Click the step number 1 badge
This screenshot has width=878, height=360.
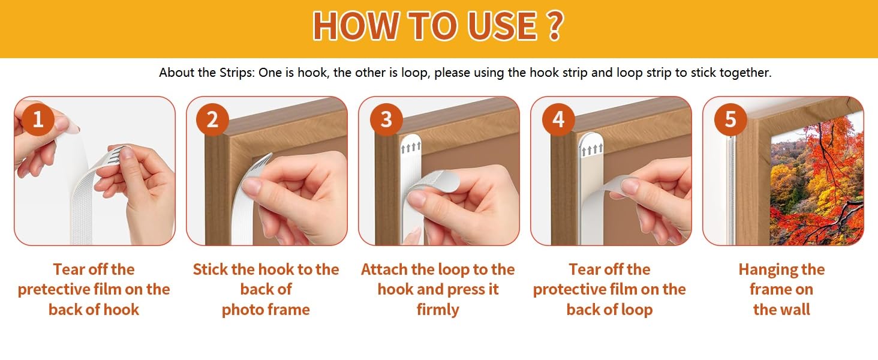38,119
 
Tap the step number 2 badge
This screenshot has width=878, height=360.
212,119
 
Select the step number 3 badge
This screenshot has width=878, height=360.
386,119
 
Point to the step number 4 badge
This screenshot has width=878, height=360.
558,119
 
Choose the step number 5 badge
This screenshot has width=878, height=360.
730,119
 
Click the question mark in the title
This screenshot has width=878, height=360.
555,26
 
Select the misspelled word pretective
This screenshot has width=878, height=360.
54,290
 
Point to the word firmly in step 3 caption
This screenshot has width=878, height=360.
438,310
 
